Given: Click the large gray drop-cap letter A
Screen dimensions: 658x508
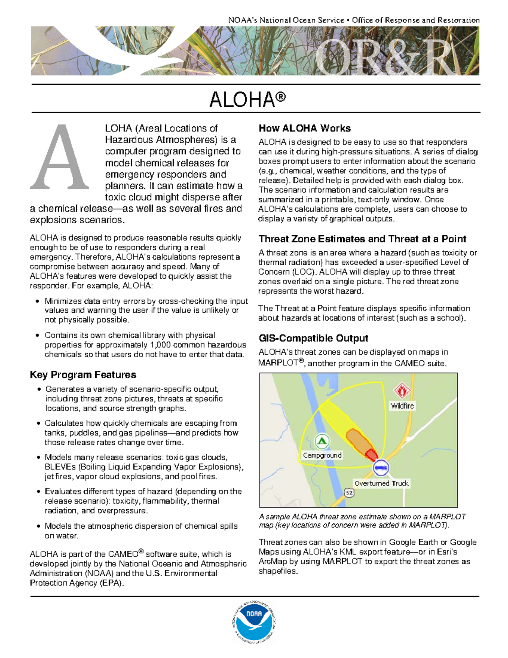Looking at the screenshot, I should coord(60,158).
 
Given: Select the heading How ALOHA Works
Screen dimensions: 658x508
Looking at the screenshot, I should coord(304,128).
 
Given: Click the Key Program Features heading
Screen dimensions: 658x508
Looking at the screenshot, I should coord(83,375).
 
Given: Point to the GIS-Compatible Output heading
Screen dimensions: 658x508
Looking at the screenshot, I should coord(313,338).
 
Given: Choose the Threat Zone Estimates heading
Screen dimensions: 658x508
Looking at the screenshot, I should coord(362,239).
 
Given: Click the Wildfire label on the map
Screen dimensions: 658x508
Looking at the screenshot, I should coord(402,405).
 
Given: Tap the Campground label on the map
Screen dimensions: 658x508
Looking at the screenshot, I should coord(322,455).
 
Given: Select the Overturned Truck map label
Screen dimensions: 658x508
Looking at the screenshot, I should coord(381,483).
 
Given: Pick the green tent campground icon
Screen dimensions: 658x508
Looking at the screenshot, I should coord(322,441).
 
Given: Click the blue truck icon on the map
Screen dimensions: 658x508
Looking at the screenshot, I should coord(381,468).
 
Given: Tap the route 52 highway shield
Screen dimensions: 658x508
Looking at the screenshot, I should coord(349,493).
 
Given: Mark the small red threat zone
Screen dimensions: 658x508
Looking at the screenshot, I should coord(371,455).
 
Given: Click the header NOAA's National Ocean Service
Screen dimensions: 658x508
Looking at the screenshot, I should coord(286,20).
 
